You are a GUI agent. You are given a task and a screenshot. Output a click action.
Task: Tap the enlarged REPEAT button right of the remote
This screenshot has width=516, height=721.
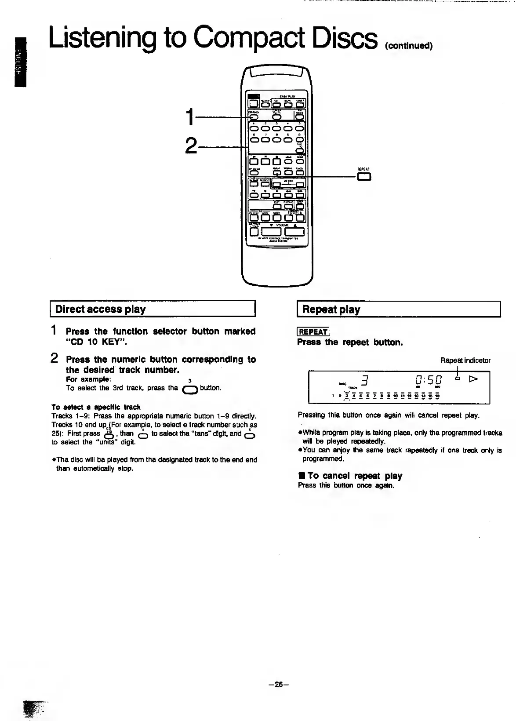[364, 177]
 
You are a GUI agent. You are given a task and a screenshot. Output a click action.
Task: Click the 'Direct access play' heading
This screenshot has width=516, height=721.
[101, 309]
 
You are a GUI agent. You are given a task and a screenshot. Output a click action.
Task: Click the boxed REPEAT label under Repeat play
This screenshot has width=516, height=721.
[313, 332]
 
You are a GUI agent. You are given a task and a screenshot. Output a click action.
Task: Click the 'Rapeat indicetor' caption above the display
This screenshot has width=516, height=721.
[465, 360]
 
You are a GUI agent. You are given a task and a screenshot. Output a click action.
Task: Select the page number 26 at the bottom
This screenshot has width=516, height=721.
[278, 685]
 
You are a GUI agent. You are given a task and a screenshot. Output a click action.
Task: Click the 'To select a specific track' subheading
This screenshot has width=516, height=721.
[96, 407]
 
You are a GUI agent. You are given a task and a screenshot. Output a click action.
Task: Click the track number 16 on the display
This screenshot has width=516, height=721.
[438, 396]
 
